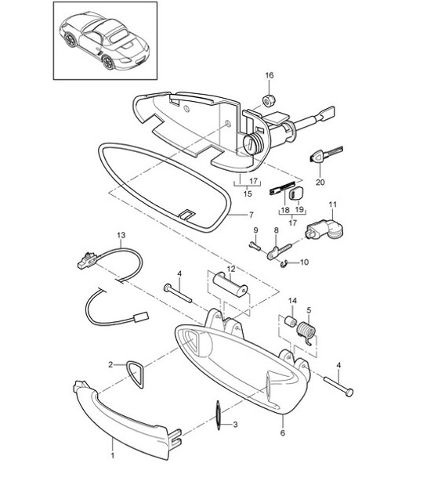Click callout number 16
pyautogui.click(x=270, y=75)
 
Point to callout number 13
pyautogui.click(x=121, y=234)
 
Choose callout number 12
pyautogui.click(x=231, y=269)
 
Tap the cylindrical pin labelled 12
pyautogui.click(x=229, y=289)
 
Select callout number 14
pyautogui.click(x=292, y=301)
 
